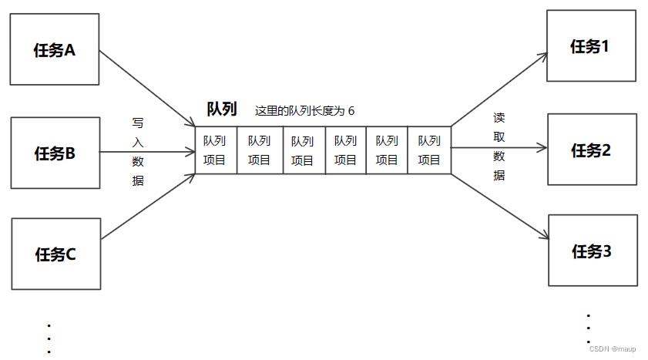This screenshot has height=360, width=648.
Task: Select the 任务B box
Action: pos(55,153)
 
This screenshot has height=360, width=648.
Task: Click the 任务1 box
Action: pos(591,45)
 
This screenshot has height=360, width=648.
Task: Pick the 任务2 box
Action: pos(591,150)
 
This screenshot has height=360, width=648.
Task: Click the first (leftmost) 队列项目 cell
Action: pos(216,150)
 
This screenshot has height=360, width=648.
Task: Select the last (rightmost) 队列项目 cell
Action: pos(429,150)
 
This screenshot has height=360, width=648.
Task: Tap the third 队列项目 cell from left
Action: pos(303,150)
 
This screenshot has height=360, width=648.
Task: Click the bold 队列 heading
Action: pos(222,109)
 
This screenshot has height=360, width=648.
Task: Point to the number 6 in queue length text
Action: pos(351,111)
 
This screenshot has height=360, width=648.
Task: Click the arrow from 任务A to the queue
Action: pos(146,88)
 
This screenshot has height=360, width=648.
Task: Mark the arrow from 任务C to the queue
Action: pos(146,206)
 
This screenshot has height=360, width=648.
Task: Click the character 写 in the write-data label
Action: pos(138,123)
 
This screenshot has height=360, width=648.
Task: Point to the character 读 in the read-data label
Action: pos(499,118)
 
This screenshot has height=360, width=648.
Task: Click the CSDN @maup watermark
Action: pos(613,348)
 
